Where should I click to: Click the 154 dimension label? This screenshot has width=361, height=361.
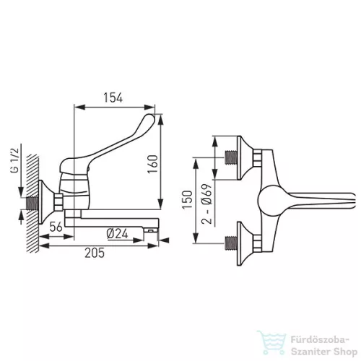click(113, 97)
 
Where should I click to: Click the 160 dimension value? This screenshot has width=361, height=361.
click(152, 164)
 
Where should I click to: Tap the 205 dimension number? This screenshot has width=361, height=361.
click(95, 253)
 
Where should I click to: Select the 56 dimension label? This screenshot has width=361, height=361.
click(56, 227)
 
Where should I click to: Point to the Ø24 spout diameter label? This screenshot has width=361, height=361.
click(117, 234)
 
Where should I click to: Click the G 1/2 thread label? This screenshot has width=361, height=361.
click(14, 160)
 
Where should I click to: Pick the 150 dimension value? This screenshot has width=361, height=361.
click(188, 199)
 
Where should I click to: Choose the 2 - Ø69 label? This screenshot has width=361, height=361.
click(206, 204)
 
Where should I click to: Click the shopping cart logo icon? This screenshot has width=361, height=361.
click(271, 342)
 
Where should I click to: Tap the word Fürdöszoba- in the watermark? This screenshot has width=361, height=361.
click(320, 340)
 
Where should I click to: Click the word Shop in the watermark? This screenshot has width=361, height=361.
click(345, 352)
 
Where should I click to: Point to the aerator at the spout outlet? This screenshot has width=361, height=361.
click(150, 231)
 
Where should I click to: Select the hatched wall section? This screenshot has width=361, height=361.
click(33, 204)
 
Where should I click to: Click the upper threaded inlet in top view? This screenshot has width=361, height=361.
click(231, 157)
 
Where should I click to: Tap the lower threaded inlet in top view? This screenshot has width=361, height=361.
click(231, 243)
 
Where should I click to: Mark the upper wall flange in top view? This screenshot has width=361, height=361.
click(245, 157)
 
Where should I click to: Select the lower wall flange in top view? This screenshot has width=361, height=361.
click(245, 243)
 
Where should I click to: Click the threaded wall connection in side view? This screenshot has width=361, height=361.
click(32, 204)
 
